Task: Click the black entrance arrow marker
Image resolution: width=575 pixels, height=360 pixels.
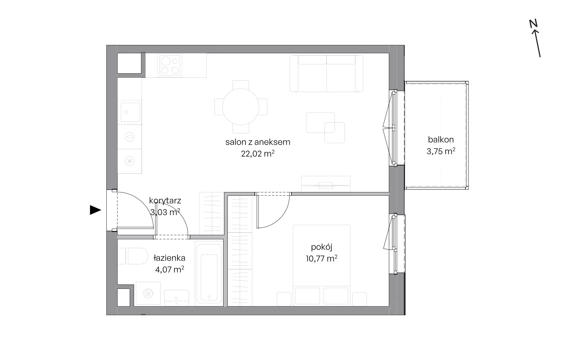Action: click(95, 210)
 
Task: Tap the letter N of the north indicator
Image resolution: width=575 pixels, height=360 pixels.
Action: click(533, 24)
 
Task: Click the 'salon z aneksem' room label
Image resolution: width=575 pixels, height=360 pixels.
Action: click(258, 142)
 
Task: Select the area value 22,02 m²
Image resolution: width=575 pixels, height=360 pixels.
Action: click(258, 154)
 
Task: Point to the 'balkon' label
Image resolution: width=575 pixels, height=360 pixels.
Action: click(441, 140)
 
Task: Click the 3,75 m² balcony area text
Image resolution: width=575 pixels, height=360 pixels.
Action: click(441, 151)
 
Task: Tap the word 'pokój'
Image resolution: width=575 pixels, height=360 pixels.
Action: click(322, 247)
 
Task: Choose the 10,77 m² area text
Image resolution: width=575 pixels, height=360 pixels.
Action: click(321, 258)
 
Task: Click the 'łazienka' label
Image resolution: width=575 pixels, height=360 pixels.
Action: click(169, 258)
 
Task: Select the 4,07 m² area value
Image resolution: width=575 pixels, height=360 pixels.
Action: click(169, 269)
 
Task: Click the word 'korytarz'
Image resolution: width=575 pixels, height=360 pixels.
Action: click(165, 200)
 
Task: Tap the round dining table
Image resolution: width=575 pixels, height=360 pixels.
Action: click(240, 107)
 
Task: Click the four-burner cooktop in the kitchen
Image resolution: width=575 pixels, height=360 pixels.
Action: click(170, 65)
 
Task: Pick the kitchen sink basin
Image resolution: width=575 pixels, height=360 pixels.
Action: click(130, 112)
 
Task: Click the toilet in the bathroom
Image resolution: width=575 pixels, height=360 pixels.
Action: click(133, 256)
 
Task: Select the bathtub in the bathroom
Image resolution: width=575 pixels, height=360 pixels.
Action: click(209, 273)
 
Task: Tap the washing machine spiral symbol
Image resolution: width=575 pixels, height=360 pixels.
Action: click(148, 293)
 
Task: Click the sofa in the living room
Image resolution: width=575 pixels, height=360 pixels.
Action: click(327, 73)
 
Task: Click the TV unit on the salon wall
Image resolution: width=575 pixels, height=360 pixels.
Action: click(326, 184)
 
